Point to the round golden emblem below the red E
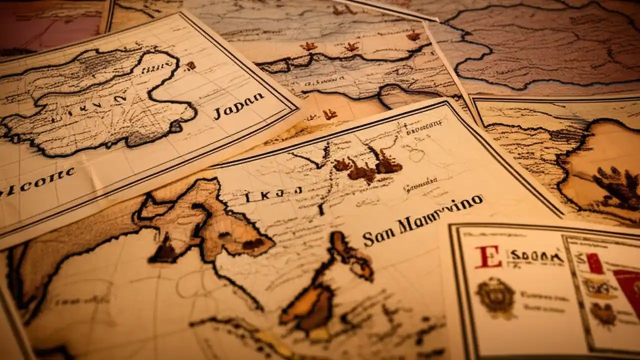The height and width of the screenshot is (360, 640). point(495,297)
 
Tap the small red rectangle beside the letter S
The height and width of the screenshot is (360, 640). point(595,263)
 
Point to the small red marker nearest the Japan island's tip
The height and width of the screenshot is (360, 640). point(190,65)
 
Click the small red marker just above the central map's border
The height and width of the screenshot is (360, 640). point(329,114)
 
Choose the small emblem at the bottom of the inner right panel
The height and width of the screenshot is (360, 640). point(602,312)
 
